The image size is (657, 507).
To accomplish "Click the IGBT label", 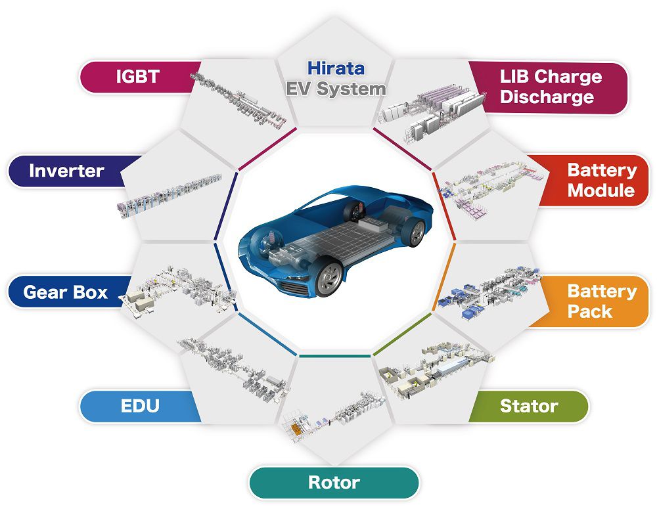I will tap(137, 76).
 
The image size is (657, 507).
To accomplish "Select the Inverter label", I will tap(66, 171).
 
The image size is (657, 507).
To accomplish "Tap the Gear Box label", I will tap(65, 292).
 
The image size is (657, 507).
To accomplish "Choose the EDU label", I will tap(139, 406).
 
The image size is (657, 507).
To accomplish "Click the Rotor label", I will tap(334, 483).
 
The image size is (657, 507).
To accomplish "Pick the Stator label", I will tap(529, 406).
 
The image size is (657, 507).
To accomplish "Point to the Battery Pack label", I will tap(601, 301).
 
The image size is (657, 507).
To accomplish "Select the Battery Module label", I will tap(601, 181).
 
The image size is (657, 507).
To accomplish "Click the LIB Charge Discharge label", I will tap(551, 87).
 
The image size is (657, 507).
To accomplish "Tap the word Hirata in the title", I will tap(336, 68).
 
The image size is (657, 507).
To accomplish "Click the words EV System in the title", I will tap(336, 89).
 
